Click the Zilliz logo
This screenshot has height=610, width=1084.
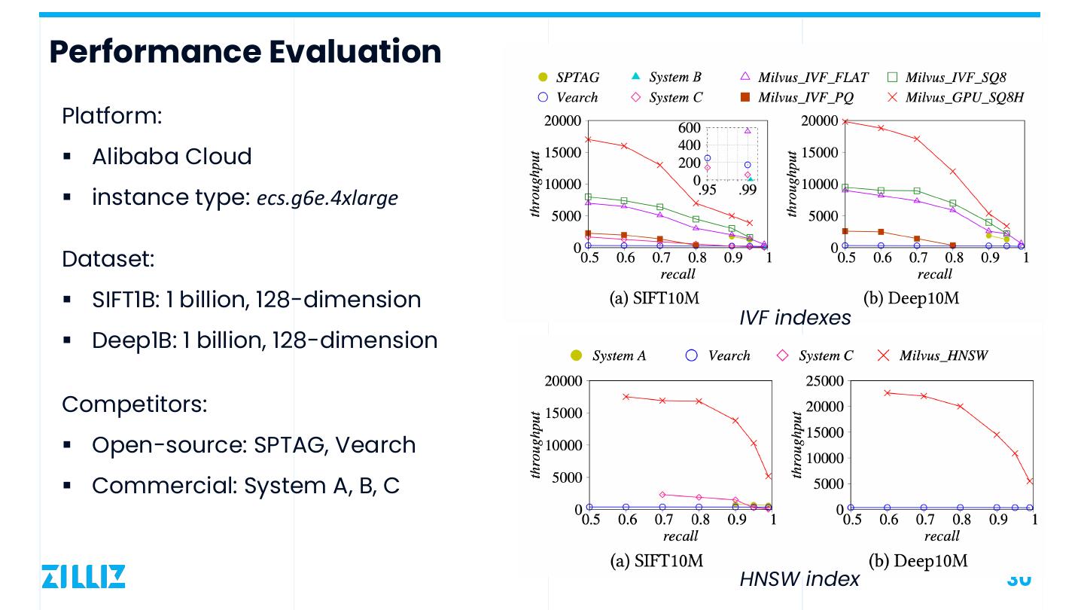pyautogui.click(x=83, y=575)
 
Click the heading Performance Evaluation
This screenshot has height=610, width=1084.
pyautogui.click(x=245, y=51)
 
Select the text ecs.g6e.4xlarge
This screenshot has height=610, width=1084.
pyautogui.click(x=327, y=198)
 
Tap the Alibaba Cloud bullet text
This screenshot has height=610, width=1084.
pyautogui.click(x=172, y=157)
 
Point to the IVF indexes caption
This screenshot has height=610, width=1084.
pyautogui.click(x=795, y=318)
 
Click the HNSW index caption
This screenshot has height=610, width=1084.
pyautogui.click(x=799, y=578)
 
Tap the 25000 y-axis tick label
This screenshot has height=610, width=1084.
pyautogui.click(x=825, y=381)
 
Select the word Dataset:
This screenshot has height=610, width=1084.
pyautogui.click(x=108, y=259)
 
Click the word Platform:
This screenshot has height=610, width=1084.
pyautogui.click(x=112, y=116)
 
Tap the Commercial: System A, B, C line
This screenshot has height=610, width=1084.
pyautogui.click(x=245, y=486)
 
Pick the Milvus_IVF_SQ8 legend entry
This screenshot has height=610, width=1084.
pyautogui.click(x=955, y=77)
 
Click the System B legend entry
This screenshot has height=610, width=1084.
pyautogui.click(x=674, y=77)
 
